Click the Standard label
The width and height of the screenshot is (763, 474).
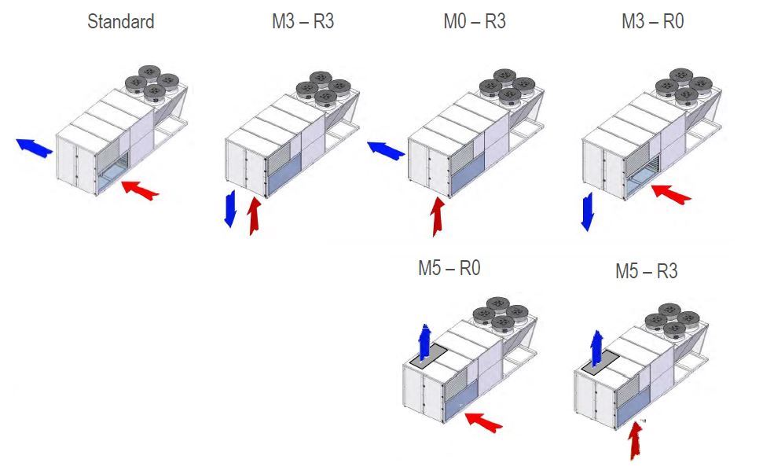(120, 21)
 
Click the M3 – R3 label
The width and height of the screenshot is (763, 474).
(303, 21)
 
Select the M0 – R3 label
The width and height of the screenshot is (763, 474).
(474, 21)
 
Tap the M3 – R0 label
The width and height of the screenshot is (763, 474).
(652, 21)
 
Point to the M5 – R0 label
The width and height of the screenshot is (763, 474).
(449, 268)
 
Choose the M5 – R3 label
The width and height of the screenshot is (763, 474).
(646, 271)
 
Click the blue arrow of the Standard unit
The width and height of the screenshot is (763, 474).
(35, 147)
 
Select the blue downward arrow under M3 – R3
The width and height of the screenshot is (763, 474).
(230, 208)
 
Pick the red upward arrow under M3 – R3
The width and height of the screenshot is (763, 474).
(254, 215)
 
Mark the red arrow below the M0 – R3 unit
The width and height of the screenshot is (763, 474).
(436, 216)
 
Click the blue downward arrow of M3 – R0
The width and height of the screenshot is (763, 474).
(586, 211)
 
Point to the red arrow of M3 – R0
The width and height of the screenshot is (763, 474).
(672, 193)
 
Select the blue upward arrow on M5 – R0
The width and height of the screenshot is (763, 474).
(425, 340)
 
